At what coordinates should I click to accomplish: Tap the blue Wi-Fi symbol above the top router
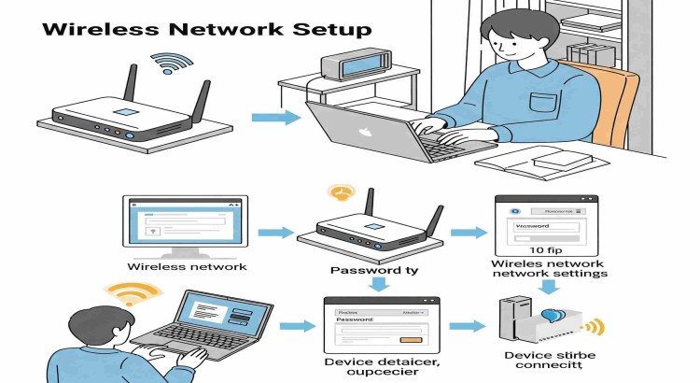pos(171,64)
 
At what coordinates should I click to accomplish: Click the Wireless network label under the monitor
pos(187,267)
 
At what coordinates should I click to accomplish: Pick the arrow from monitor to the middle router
pos(275,231)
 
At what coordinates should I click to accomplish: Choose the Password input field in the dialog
pos(378,329)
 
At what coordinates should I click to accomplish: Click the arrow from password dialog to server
pos(466,326)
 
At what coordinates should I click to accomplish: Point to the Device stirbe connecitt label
pos(550,362)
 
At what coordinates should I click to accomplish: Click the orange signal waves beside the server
pos(594,327)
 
